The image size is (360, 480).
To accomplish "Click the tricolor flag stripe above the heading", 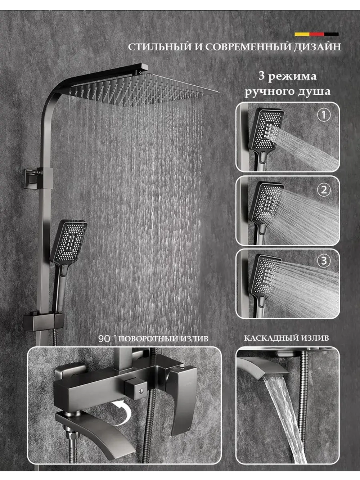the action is point(316,34).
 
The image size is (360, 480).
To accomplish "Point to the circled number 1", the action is point(324,115).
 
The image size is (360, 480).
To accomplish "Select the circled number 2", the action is point(324,190).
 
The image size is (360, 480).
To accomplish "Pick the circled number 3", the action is point(324,261).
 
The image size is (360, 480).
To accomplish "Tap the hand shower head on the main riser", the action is point(69,242).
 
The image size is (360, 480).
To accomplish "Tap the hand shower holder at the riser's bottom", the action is point(44,322).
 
